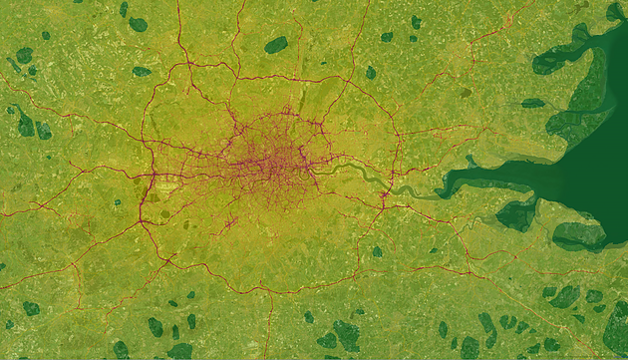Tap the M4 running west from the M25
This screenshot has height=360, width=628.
click(80, 189)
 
